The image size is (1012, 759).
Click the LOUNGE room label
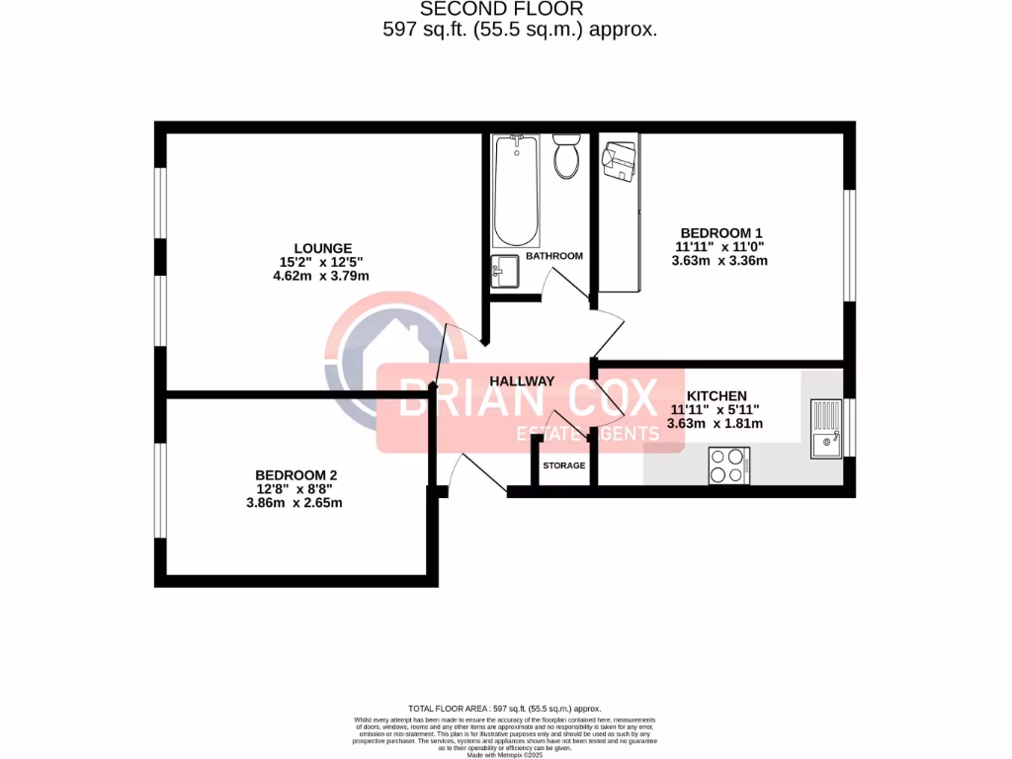click(322, 248)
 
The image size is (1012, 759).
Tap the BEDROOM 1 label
click(720, 233)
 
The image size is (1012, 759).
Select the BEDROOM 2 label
click(295, 474)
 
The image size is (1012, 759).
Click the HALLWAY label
click(522, 381)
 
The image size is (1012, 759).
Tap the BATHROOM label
click(553, 256)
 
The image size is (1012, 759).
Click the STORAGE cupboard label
click(563, 465)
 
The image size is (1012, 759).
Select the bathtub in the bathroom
click(516, 192)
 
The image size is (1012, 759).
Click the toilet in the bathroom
click(566, 157)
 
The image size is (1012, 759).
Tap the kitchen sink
click(825, 428)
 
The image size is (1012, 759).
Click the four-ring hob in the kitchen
click(728, 465)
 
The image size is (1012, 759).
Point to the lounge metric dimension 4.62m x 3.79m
click(322, 276)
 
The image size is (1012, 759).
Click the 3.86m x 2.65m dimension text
click(295, 502)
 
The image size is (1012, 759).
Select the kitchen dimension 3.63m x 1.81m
click(716, 423)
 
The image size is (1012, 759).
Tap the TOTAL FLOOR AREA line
click(505, 709)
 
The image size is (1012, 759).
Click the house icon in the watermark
click(380, 361)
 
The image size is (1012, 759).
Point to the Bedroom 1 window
click(848, 243)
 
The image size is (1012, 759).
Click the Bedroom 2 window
click(160, 492)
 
